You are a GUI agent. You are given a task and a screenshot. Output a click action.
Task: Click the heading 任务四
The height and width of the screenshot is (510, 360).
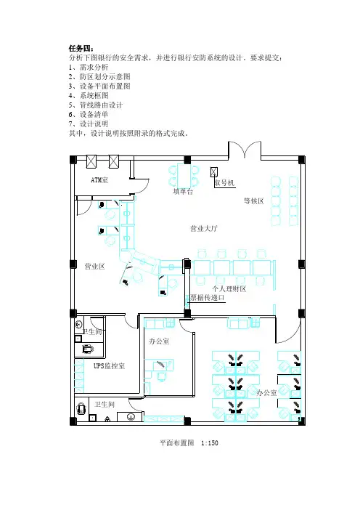(81, 49)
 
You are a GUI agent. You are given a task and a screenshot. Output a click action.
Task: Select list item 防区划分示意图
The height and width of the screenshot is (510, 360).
(105, 77)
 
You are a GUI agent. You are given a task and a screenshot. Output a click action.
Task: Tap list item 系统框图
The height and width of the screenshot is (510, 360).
(94, 96)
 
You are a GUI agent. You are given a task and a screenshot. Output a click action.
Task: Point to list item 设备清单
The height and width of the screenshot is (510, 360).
(94, 115)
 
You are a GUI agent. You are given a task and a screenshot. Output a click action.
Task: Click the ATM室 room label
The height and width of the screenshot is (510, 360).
(99, 180)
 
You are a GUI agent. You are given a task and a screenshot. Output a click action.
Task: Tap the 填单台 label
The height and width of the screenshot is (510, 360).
(183, 192)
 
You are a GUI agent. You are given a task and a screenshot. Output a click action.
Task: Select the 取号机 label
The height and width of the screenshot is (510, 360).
(224, 183)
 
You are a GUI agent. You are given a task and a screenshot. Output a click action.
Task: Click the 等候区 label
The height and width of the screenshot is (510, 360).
(254, 201)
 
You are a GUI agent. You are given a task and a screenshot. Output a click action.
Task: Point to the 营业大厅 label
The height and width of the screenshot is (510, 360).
(204, 228)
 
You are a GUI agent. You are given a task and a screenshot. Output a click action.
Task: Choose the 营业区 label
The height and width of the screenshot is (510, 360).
(95, 267)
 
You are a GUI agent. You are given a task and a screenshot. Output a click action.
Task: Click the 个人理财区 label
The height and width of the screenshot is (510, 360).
(229, 289)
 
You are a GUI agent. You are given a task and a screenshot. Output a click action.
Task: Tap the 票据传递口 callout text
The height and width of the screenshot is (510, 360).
(208, 298)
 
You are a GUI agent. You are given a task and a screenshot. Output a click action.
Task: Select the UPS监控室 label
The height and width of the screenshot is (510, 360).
(109, 366)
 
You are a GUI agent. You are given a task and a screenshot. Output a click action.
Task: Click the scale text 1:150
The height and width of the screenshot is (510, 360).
(210, 443)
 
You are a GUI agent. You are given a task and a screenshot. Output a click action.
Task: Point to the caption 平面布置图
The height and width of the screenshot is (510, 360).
(176, 443)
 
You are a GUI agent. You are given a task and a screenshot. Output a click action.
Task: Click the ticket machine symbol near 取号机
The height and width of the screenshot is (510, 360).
(214, 172)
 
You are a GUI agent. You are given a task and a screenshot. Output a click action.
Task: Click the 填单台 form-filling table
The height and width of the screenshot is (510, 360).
(183, 176)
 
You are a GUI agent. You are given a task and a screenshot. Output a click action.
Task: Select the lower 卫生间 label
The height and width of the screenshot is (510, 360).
(105, 404)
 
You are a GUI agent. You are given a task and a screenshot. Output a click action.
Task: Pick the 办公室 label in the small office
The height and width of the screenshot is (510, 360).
(159, 341)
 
